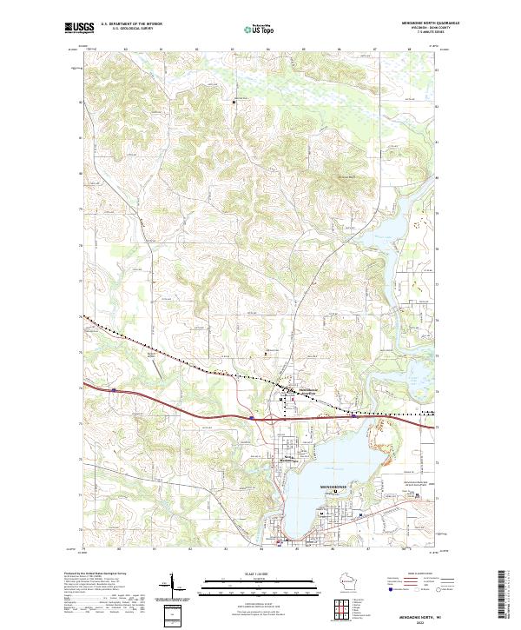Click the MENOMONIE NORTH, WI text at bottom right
pos(415,613)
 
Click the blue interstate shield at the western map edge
pos(112,392)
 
